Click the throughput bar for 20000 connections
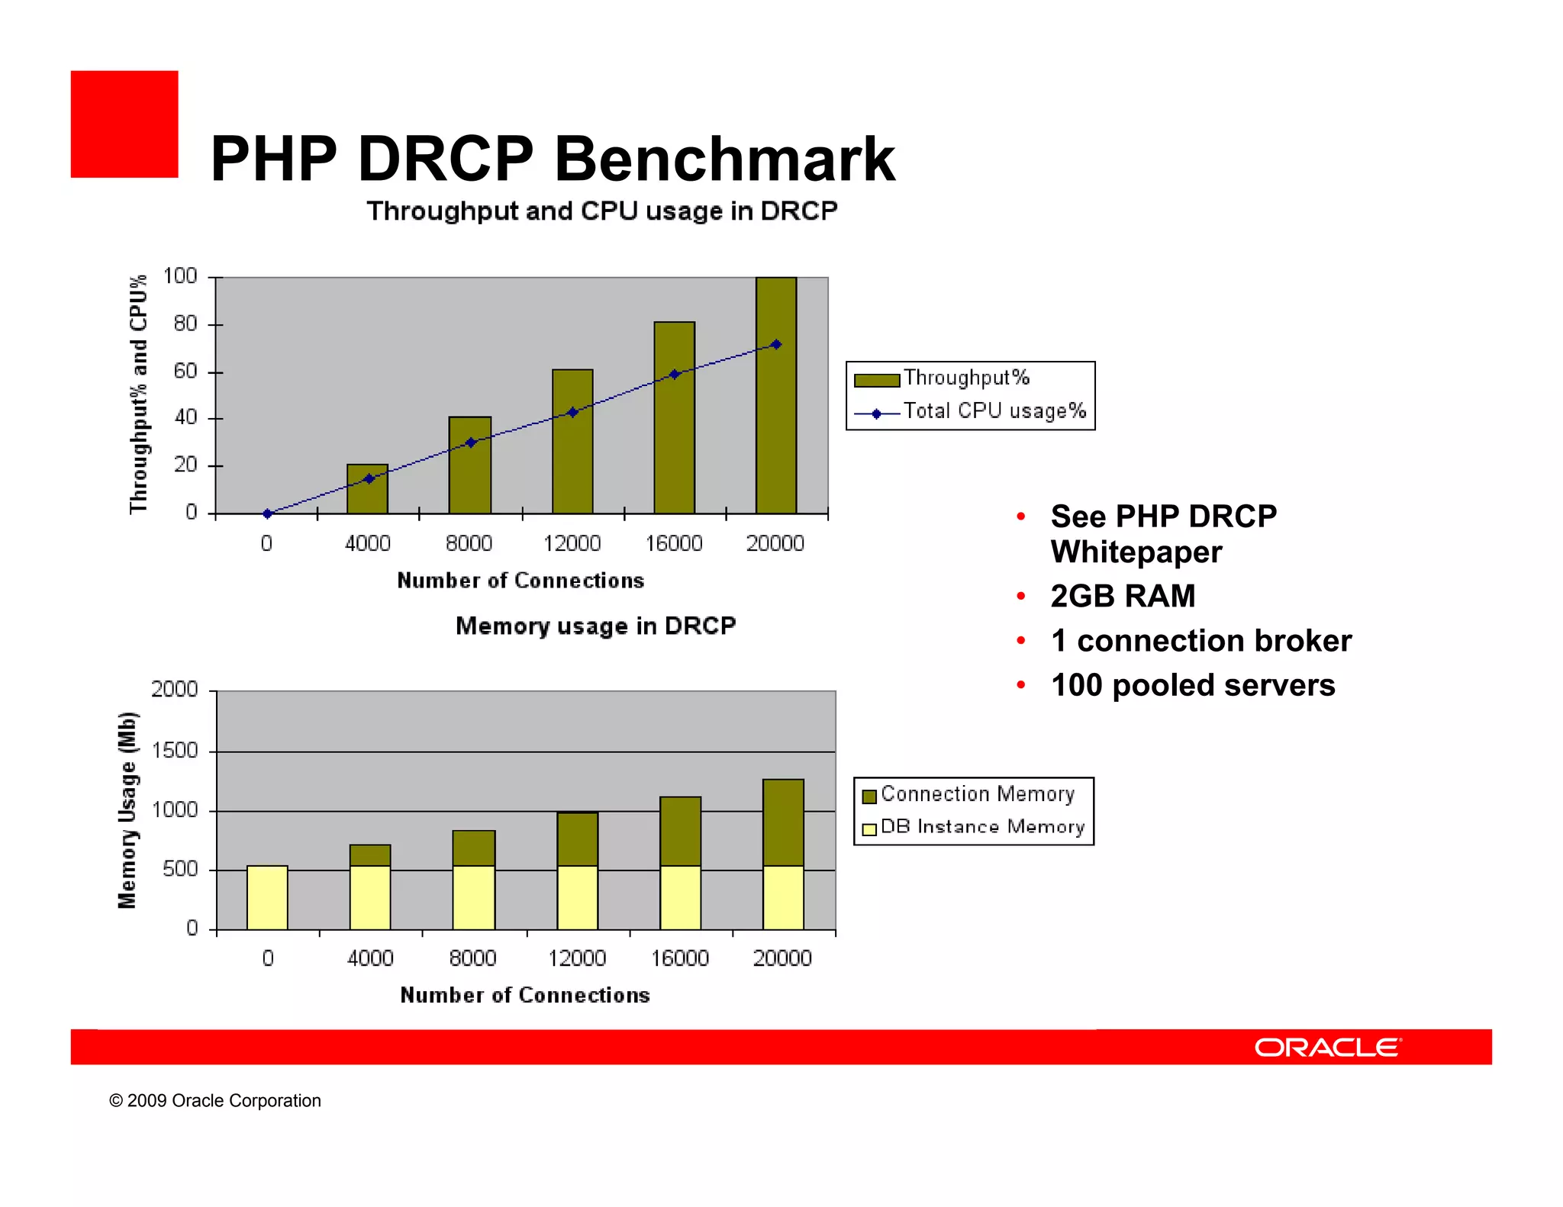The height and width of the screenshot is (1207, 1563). click(775, 397)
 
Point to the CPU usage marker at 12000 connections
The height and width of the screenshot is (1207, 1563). click(572, 413)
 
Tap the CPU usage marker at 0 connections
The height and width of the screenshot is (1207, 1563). click(267, 513)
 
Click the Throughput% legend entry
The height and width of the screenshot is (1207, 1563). click(965, 378)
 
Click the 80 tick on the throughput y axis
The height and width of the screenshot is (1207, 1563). click(185, 324)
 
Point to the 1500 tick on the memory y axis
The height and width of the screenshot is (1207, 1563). click(175, 751)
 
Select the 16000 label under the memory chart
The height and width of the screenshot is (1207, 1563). click(679, 958)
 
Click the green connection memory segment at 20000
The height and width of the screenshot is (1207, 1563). click(783, 822)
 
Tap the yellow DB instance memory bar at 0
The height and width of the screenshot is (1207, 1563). click(267, 897)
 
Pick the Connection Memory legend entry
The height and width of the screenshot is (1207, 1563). click(977, 794)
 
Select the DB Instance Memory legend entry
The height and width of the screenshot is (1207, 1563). click(981, 827)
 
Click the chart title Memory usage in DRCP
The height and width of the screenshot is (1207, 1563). click(595, 626)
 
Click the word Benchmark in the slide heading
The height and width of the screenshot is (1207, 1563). click(723, 159)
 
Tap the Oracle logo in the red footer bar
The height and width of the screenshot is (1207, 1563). click(1327, 1047)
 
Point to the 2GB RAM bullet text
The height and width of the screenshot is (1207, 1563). click(1123, 596)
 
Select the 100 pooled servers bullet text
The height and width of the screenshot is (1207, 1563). click(1192, 685)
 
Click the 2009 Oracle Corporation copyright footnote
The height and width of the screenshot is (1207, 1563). click(215, 1100)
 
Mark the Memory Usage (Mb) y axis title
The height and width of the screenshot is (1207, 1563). click(127, 810)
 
